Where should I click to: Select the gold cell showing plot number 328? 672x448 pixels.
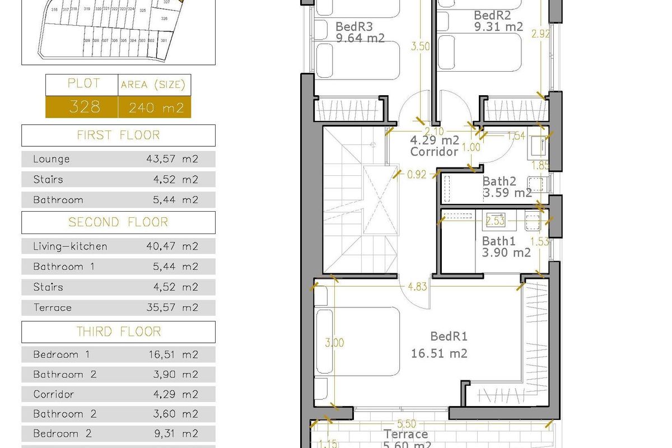coord(82,106)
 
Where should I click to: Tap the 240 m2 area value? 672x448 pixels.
coord(156,107)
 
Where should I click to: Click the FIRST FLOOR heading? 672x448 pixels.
coord(118,135)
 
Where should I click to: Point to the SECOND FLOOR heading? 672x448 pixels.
coord(118,222)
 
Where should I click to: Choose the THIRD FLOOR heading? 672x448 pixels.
coord(118,332)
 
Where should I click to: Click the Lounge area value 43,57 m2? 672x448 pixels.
coord(172,159)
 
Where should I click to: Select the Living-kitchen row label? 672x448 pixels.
coord(70,246)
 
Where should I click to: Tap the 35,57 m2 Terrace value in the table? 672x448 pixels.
coord(172,307)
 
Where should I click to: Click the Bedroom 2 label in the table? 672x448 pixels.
coord(62,433)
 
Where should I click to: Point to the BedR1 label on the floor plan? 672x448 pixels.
coord(449,337)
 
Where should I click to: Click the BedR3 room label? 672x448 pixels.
coord(354,26)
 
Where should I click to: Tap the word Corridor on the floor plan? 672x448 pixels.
coord(434,151)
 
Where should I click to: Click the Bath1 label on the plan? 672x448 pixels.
coord(499,241)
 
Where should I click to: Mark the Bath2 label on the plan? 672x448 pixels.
coord(499,181)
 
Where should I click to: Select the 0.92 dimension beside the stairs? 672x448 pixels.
coord(417,174)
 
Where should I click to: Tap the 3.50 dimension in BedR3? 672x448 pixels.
coord(420,47)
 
